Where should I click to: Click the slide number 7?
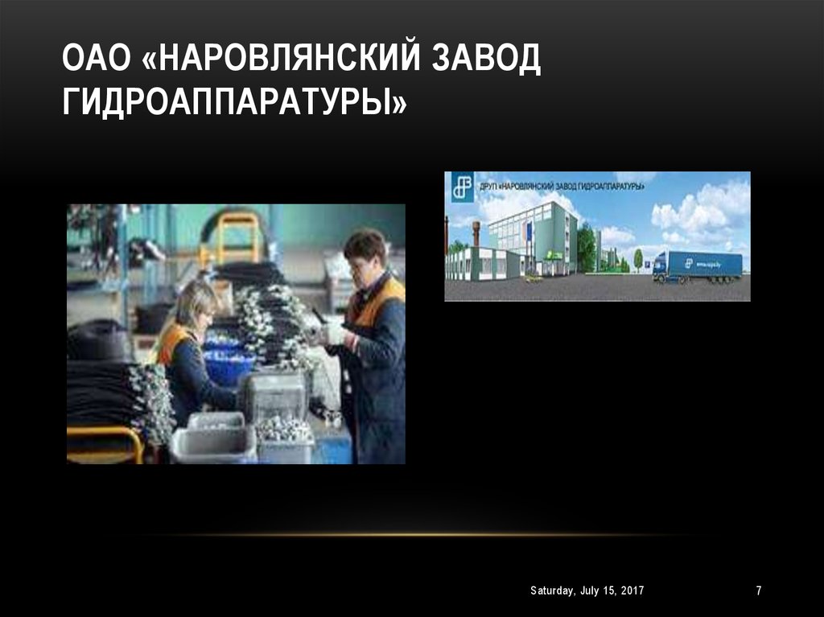coord(758,591)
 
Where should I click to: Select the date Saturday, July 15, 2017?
coord(587,591)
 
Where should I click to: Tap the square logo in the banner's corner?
coord(462,187)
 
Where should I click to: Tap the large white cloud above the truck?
coord(700,209)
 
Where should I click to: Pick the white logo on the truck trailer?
coord(690,262)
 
